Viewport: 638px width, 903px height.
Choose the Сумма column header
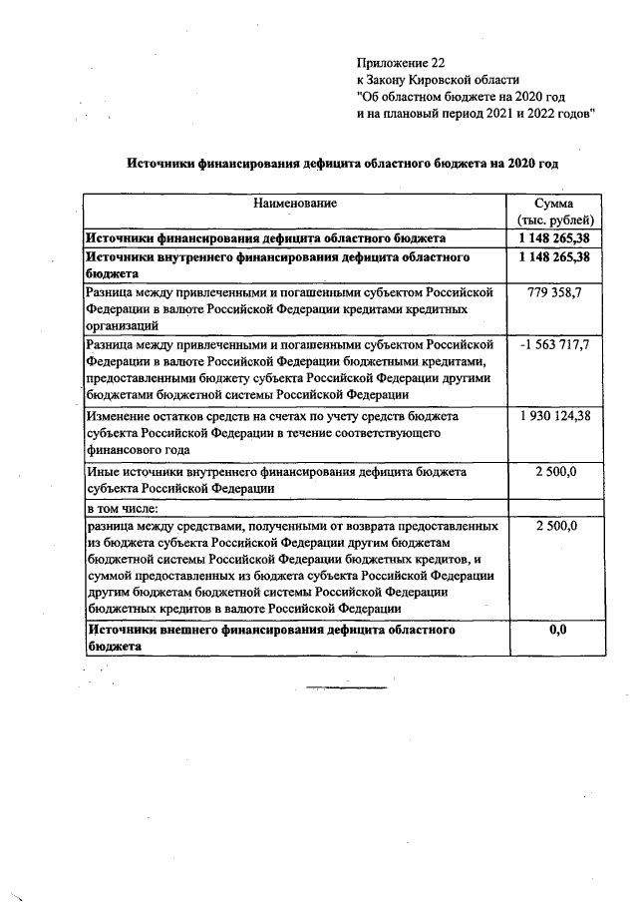coord(556,204)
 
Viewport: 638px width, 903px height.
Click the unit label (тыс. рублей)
coord(556,221)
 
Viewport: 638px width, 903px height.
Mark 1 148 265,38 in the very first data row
coord(555,239)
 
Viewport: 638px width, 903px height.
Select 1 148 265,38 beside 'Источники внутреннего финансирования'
coord(555,257)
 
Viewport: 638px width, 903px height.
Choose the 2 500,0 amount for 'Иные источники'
coord(556,469)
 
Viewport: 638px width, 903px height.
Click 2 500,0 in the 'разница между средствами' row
coord(556,524)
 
